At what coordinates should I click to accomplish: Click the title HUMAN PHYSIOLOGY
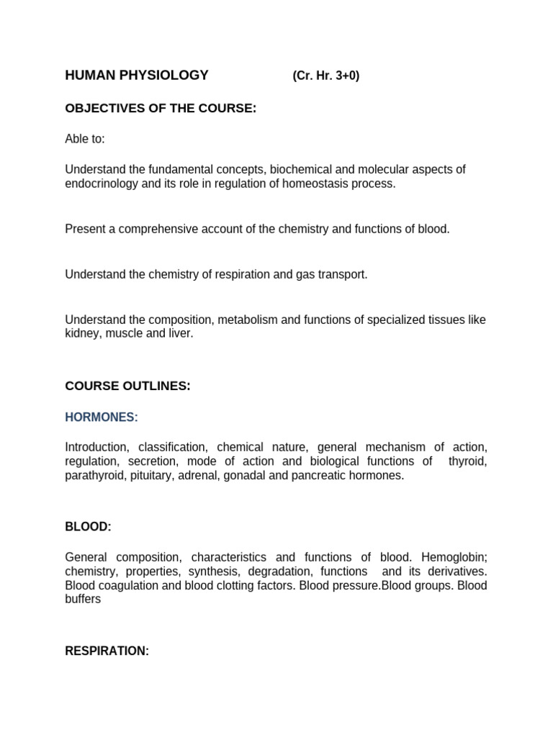[137, 76]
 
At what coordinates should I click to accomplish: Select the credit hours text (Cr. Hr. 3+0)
[325, 76]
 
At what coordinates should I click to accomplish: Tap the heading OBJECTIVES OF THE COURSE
[161, 109]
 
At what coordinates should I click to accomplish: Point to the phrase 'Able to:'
[85, 139]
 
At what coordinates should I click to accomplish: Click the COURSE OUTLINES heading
[127, 386]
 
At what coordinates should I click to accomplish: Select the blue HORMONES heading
[102, 417]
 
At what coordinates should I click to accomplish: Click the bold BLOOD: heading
[88, 527]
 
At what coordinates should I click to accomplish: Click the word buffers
[83, 599]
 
